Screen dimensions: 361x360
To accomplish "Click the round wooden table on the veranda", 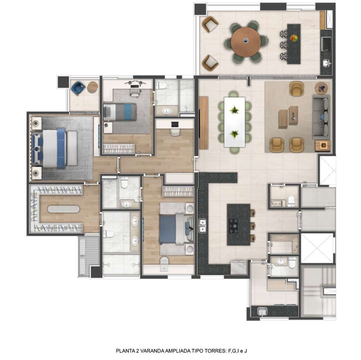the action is (x=246, y=41).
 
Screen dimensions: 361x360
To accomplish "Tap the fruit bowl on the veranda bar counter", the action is (x=294, y=38).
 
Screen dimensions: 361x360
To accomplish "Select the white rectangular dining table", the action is (x=234, y=122).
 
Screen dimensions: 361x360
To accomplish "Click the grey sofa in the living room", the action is (x=321, y=117).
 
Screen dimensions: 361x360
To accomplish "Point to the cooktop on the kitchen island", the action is (x=234, y=226).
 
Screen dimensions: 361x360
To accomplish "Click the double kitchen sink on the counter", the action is (x=202, y=226).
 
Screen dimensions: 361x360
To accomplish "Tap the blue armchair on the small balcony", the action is (x=78, y=88).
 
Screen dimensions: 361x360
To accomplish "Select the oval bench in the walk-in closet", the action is (x=63, y=209).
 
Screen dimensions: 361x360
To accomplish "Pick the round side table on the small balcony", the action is (x=93, y=87).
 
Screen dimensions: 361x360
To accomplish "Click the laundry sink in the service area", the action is (x=262, y=311).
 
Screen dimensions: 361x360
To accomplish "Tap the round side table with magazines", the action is (x=321, y=88).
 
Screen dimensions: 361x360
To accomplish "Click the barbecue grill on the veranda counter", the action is (x=326, y=44).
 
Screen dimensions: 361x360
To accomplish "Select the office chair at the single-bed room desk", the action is (x=134, y=92).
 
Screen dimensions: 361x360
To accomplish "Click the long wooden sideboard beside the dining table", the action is (x=204, y=123).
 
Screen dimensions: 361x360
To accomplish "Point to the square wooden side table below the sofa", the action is (x=323, y=145).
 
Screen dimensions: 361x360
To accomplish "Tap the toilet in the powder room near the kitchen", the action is (x=291, y=200).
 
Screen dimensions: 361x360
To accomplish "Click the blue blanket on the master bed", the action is (x=61, y=148).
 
